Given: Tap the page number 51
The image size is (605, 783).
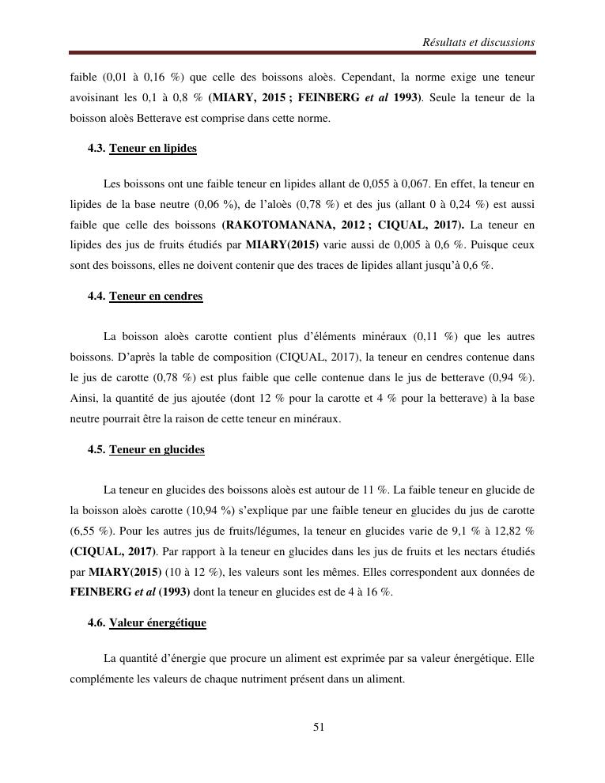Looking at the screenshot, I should coord(319,728).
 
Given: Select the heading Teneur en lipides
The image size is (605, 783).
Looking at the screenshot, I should coord(153,148).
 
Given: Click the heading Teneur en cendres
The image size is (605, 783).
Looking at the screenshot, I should coord(156,296).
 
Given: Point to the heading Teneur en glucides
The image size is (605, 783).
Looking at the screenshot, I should coord(157,449).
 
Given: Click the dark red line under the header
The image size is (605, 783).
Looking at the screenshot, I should coord(302,53).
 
